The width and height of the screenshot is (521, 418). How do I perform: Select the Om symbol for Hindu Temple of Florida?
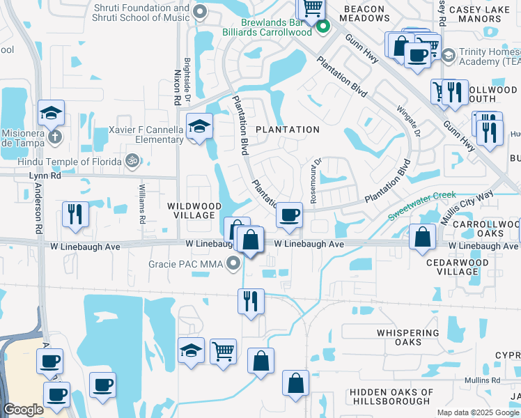pyautogui.click(x=130, y=161)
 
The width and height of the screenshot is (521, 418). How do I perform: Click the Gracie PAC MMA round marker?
pyautogui.click(x=234, y=264)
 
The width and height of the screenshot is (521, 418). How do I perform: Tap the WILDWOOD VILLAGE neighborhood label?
pyautogui.click(x=195, y=210)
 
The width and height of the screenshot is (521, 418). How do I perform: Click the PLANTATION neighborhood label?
pyautogui.click(x=287, y=130)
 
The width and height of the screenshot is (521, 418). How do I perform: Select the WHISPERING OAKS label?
pyautogui.click(x=408, y=337)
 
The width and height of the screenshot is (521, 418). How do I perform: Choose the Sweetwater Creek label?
pyautogui.click(x=421, y=206)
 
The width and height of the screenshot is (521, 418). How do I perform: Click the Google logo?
pyautogui.click(x=23, y=410)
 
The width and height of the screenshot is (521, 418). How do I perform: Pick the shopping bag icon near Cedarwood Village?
pyautogui.click(x=423, y=237)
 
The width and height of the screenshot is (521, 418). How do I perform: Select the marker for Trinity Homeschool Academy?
pyautogui.click(x=448, y=54)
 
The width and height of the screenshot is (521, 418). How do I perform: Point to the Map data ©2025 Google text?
pyautogui.click(x=478, y=412)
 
